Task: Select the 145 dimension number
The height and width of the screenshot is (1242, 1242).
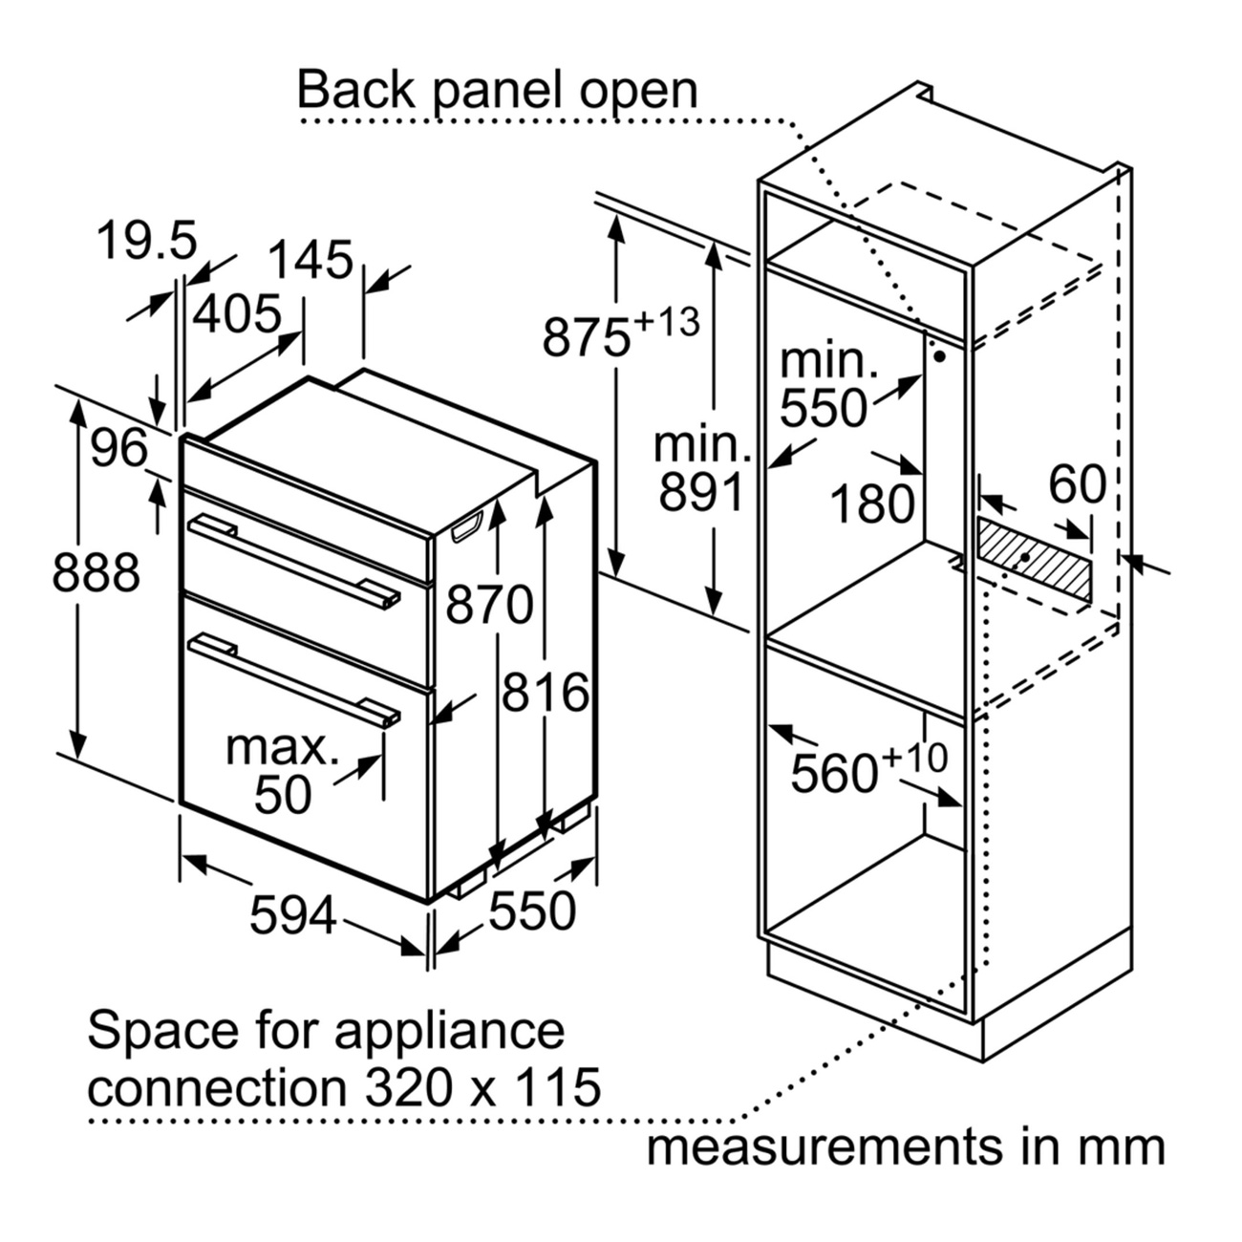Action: pos(310,260)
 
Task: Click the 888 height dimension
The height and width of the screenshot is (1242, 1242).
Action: pos(96,573)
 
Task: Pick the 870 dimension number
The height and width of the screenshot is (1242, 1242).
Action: pos(490,605)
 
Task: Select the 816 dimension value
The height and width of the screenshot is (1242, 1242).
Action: pos(546,692)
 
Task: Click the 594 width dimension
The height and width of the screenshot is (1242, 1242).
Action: pos(293,915)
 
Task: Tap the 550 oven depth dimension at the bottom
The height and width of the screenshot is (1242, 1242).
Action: pos(532,910)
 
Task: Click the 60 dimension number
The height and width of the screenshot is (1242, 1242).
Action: pos(1077,484)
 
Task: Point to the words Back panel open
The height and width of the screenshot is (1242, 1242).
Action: pos(498,91)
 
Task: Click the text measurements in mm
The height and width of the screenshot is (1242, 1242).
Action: pos(906,1146)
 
